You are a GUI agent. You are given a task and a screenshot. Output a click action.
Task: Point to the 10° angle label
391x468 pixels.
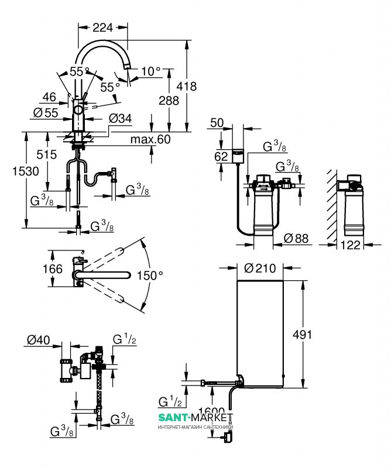[150, 72]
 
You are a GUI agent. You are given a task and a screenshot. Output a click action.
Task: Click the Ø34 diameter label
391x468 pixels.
[121, 119]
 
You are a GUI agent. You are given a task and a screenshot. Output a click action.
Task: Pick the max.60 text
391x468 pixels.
[150, 139]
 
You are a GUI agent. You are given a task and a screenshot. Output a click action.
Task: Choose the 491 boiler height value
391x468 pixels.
[319, 335]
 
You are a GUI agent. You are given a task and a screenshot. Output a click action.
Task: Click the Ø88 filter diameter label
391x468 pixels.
[297, 239]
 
